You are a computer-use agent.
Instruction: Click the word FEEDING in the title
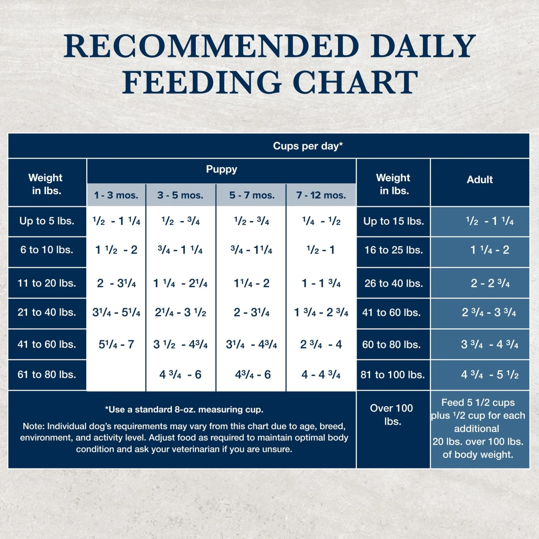[x=202, y=82]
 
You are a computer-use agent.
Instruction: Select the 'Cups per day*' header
[x=308, y=146]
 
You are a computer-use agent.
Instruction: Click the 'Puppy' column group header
[x=221, y=169]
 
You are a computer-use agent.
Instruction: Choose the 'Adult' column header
[x=480, y=180]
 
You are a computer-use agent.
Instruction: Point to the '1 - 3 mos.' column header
[x=116, y=195]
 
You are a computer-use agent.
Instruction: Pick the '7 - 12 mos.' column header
[x=321, y=195]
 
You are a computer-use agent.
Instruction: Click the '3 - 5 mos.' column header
[x=180, y=195]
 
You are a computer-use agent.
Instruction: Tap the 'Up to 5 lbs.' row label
[x=47, y=221]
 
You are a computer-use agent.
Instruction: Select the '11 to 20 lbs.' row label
[x=47, y=283]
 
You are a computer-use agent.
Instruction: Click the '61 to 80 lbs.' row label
[x=47, y=374]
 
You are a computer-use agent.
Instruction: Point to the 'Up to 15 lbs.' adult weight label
[x=393, y=221]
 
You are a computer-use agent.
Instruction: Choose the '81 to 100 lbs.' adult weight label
[x=393, y=375]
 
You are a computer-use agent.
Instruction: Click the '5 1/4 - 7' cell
[x=116, y=345]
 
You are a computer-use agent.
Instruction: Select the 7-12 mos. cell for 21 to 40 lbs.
[x=321, y=313]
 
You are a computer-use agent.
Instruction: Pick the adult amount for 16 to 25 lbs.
[x=490, y=250]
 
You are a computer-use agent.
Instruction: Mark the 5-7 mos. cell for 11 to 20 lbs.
[x=252, y=284]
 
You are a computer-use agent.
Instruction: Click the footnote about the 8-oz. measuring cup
[x=184, y=410]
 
